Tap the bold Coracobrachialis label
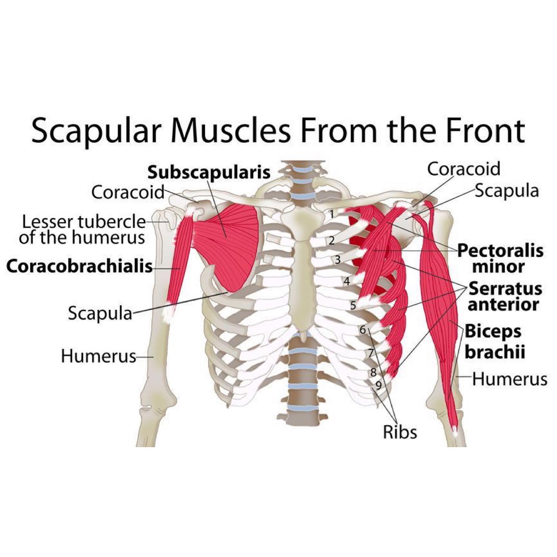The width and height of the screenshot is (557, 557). (80, 266)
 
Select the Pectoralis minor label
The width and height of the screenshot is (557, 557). (500, 258)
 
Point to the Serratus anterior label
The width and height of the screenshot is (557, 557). (505, 296)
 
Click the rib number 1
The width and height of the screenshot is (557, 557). (332, 214)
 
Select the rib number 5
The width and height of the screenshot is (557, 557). (353, 305)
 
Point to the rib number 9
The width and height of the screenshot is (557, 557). (379, 385)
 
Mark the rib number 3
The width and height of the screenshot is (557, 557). (338, 260)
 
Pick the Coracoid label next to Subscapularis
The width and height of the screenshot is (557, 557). (128, 192)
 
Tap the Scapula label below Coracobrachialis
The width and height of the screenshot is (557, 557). (100, 313)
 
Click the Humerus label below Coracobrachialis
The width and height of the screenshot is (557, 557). (99, 356)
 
